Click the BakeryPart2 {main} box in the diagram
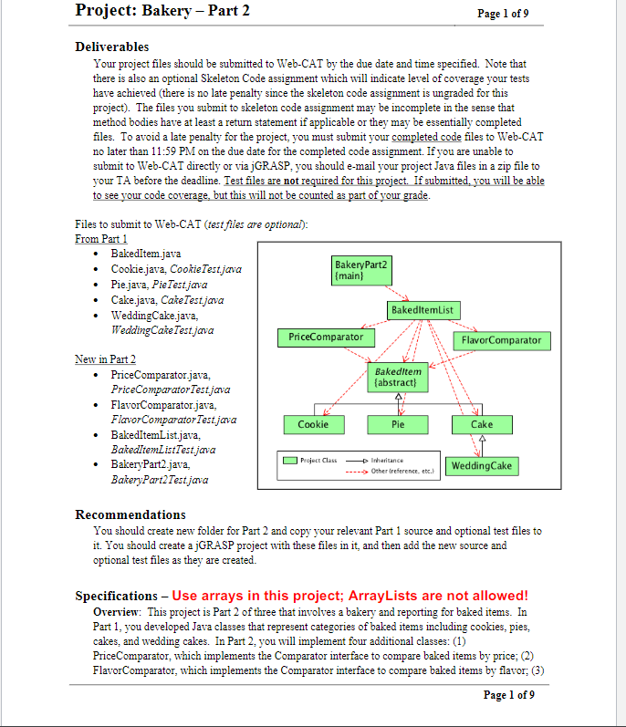pyautogui.click(x=361, y=269)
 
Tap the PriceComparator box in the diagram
pyautogui.click(x=325, y=338)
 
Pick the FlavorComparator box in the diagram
pyautogui.click(x=501, y=340)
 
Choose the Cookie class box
pyautogui.click(x=313, y=424)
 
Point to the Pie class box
pyautogui.click(x=398, y=424)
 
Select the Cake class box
pyautogui.click(x=481, y=424)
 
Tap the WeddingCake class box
pyautogui.click(x=481, y=466)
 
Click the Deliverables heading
pyautogui.click(x=111, y=47)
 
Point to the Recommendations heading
pyautogui.click(x=130, y=514)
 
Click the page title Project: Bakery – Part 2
pyautogui.click(x=162, y=12)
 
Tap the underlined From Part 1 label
pyautogui.click(x=101, y=238)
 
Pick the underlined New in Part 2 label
pyautogui.click(x=105, y=359)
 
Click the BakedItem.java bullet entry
pyautogui.click(x=146, y=253)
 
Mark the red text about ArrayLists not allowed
pyautogui.click(x=350, y=596)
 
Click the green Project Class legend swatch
pyautogui.click(x=289, y=461)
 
